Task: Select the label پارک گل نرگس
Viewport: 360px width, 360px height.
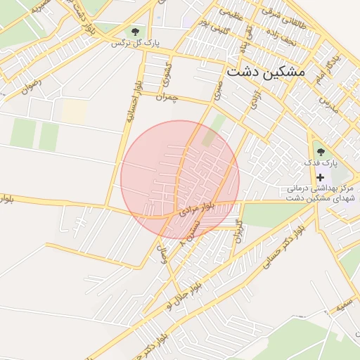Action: tap(136, 44)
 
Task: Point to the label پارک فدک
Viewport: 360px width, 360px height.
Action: tap(321, 162)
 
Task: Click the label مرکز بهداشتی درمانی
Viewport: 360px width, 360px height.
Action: tap(320, 189)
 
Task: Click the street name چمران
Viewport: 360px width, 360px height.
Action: tap(168, 97)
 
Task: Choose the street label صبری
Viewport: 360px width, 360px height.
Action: tap(219, 89)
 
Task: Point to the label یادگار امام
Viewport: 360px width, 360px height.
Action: tap(327, 67)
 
